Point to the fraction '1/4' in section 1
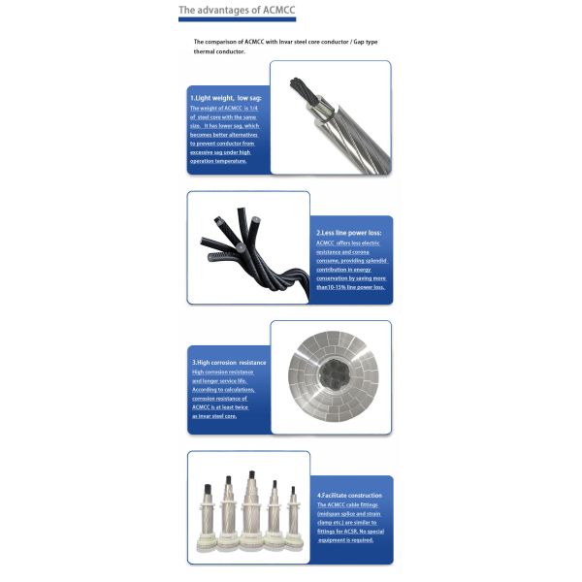(256, 108)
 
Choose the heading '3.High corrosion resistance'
(229, 363)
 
